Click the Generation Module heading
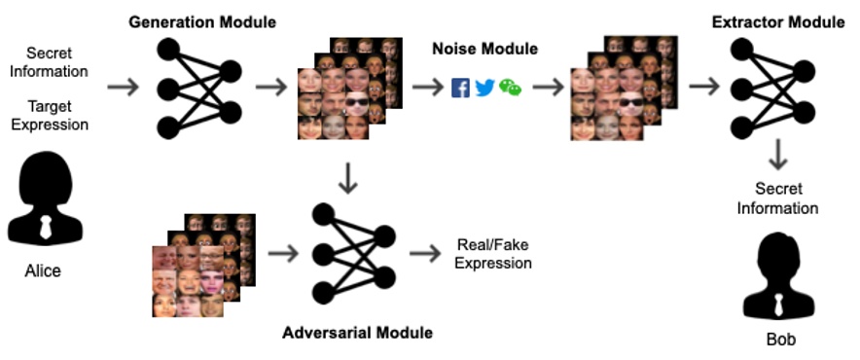(x=202, y=21)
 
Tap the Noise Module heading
(x=484, y=49)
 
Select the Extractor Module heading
(x=777, y=21)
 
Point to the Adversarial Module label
(x=357, y=333)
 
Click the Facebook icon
(x=461, y=88)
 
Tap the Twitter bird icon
(x=485, y=88)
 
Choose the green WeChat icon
(x=510, y=88)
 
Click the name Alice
(x=43, y=271)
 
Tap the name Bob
(x=779, y=340)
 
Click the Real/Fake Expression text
(x=493, y=254)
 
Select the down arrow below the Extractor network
(x=778, y=156)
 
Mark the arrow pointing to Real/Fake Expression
(x=424, y=255)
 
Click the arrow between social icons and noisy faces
(x=549, y=88)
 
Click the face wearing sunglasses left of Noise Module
(x=357, y=102)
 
